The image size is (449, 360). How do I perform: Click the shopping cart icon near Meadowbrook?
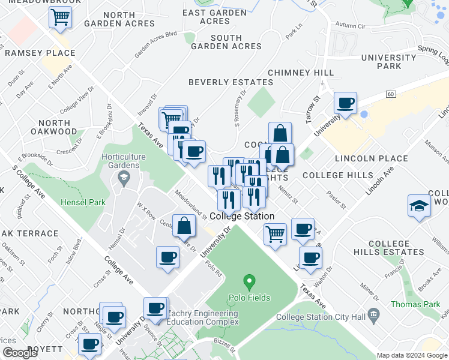(60, 18)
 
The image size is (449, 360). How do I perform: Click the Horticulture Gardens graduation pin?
(124, 176)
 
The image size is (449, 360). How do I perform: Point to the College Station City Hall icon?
(373, 314)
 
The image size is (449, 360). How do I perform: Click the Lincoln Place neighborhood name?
(363, 159)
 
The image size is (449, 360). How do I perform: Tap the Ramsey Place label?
(40, 53)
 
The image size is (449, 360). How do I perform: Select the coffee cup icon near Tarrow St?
(346, 103)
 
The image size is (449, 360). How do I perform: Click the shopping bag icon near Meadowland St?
(184, 226)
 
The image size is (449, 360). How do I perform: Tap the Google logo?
(20, 353)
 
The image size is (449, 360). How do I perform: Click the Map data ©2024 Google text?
(411, 355)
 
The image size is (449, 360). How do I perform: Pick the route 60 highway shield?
(391, 94)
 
